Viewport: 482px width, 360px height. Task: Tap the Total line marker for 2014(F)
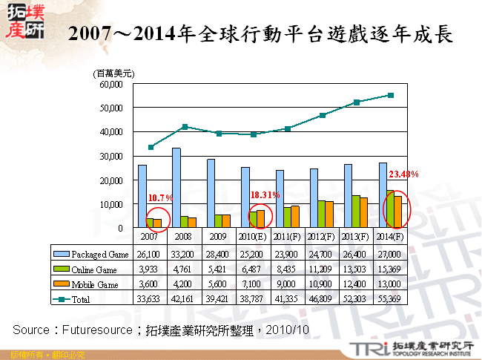point(391,95)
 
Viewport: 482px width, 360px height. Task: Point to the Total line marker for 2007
point(151,147)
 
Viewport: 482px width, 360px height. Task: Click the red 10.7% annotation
point(161,198)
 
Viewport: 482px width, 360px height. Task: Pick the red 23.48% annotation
point(403,174)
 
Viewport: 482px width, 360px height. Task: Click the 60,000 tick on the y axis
point(110,84)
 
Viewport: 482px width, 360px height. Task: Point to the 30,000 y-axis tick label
point(110,156)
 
